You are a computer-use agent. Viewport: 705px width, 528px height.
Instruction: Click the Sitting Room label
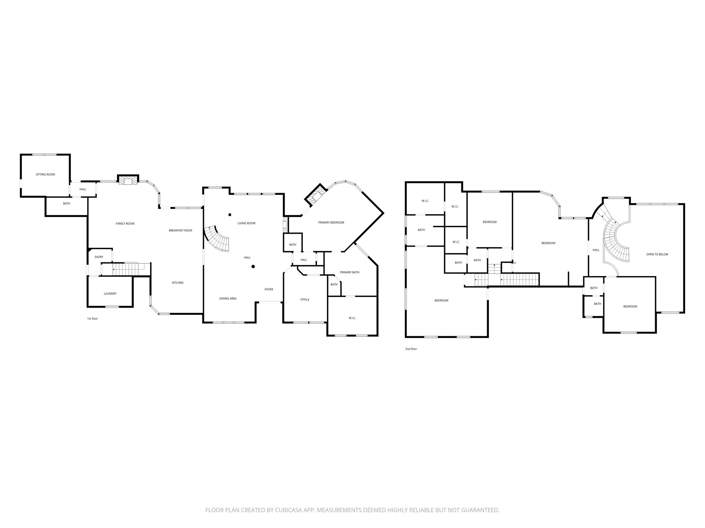[45, 175]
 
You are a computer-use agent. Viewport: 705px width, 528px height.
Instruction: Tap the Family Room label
[125, 224]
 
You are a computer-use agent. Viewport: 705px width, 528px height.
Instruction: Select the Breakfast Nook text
[180, 231]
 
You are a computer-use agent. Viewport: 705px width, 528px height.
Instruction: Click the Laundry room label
[110, 294]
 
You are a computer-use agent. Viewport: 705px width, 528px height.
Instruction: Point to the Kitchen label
[178, 283]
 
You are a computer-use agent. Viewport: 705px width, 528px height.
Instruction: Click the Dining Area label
[228, 299]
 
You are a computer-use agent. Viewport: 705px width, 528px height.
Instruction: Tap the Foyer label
[269, 289]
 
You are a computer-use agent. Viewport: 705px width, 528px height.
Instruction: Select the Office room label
[305, 300]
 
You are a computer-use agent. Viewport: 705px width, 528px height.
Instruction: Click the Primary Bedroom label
[331, 223]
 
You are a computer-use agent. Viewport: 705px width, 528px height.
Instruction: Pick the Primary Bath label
[349, 273]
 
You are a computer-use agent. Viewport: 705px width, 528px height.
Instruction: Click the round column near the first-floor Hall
[253, 266]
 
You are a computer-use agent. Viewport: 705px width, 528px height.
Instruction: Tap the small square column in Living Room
[230, 215]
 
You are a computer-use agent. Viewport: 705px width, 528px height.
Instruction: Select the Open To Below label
[657, 255]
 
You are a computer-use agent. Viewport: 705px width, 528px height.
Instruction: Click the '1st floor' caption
[92, 319]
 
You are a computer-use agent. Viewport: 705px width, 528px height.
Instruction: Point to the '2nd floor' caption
[411, 349]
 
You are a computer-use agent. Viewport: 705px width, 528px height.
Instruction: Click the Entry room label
[99, 257]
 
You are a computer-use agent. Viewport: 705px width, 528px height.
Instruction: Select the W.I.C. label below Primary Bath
[352, 318]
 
